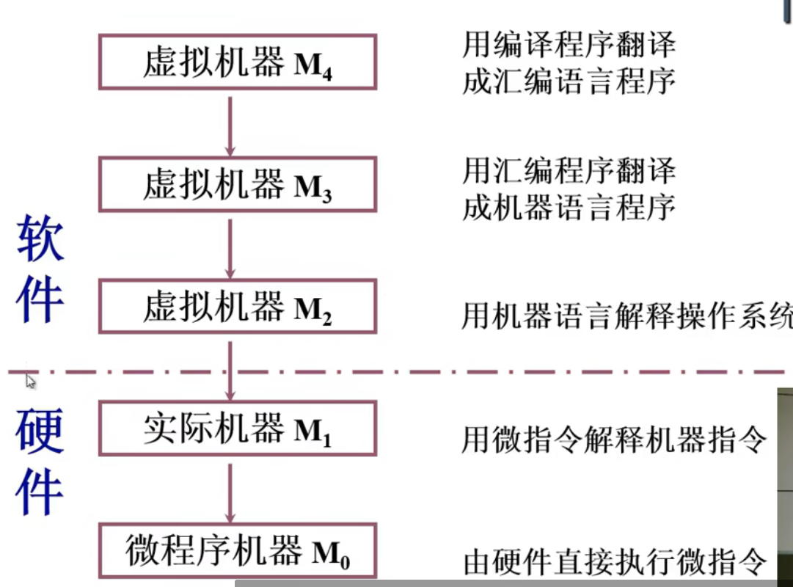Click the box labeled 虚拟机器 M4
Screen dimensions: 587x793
(x=237, y=62)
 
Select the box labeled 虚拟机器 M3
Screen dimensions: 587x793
(x=237, y=184)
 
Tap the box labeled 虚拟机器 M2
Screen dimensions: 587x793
(x=237, y=306)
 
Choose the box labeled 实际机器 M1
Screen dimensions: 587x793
(x=237, y=428)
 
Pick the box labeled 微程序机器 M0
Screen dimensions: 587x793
(x=237, y=550)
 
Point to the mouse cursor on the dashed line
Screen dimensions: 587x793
(x=31, y=380)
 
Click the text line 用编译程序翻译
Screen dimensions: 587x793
(x=569, y=45)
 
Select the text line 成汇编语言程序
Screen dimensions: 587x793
(x=569, y=82)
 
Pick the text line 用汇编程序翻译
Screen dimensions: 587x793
(x=569, y=171)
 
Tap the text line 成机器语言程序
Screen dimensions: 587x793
(x=569, y=208)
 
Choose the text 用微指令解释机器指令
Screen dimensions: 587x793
(x=614, y=440)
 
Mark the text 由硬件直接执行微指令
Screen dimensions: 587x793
(x=615, y=562)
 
